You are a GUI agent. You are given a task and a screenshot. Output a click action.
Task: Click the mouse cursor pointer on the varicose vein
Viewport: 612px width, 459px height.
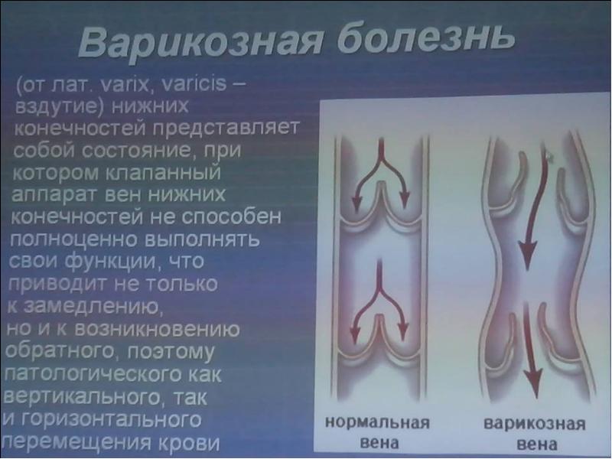coord(549,157)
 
